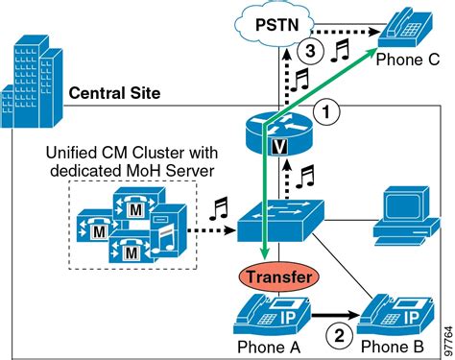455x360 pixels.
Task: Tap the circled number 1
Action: [327, 112]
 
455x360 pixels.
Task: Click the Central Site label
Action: [114, 93]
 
